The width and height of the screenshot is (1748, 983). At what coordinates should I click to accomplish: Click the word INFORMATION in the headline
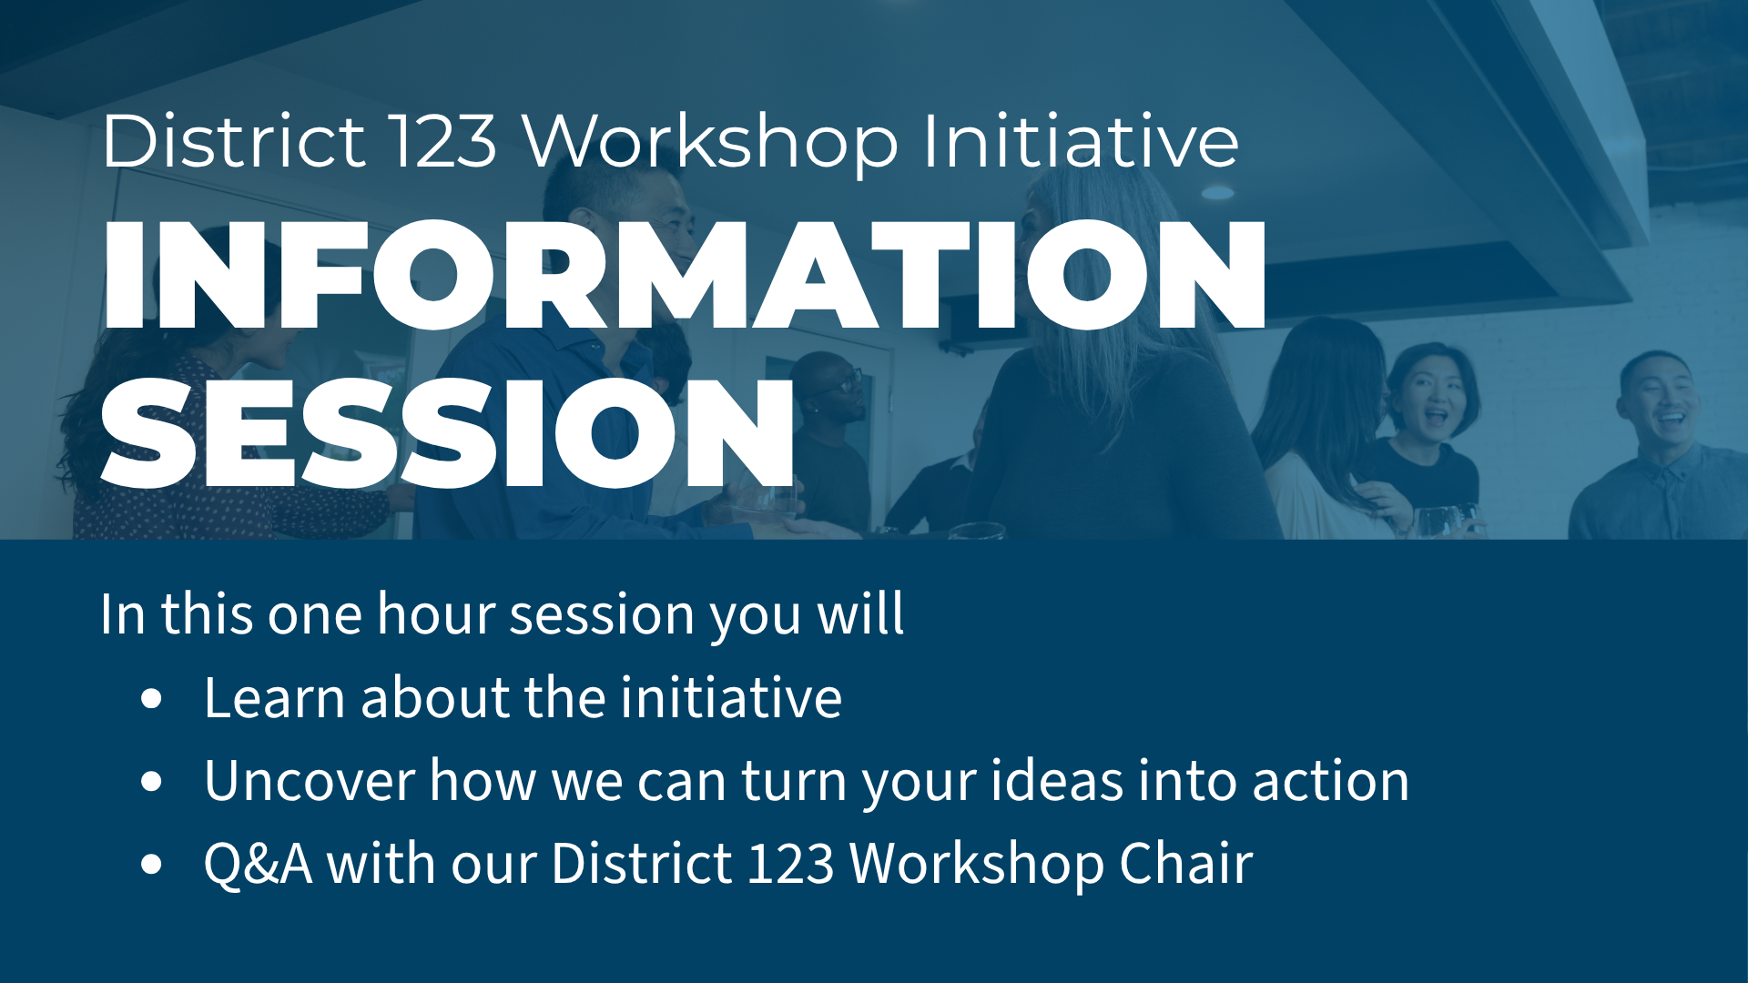pos(684,275)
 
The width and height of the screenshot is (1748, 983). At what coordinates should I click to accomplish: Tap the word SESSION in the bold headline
pos(447,433)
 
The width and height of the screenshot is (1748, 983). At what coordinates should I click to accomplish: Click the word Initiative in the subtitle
pos(1081,141)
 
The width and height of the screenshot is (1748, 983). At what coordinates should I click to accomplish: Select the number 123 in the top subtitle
pos(443,141)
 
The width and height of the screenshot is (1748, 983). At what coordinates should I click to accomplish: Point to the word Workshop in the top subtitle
pos(711,141)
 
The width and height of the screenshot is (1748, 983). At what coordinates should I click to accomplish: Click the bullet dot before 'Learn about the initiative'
pos(152,699)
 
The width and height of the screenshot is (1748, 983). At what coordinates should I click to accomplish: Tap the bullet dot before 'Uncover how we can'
pos(152,782)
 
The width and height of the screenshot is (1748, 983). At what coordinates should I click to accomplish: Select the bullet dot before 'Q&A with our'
pos(152,864)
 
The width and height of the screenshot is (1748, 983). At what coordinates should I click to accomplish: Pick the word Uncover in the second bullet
pos(310,781)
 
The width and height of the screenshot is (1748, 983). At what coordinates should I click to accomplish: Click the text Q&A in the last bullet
pos(258,863)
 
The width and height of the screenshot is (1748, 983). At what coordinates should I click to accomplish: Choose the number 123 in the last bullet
pos(790,863)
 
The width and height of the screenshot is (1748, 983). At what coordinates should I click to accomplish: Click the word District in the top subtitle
pos(234,141)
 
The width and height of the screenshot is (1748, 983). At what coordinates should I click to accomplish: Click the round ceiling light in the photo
pos(1217,192)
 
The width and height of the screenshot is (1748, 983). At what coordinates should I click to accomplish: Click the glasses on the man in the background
pos(846,380)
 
